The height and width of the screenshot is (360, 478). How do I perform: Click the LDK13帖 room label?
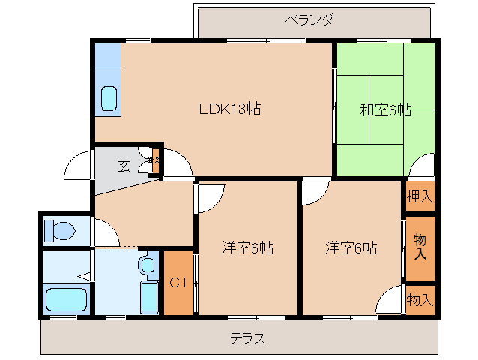229,108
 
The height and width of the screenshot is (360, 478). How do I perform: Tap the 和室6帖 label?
385,109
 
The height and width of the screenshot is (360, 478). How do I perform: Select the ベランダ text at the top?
309,19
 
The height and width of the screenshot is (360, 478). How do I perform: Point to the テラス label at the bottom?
247,337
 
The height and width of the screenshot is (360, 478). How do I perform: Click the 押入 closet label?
420,197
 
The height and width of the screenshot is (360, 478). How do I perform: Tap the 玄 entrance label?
124,166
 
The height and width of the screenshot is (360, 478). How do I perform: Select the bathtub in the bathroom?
67,298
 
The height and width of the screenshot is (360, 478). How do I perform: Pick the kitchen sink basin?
109,98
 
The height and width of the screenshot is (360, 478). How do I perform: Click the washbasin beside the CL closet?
147,265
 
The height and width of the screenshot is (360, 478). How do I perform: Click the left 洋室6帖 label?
247,247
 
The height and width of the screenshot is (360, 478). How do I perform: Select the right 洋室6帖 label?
351,247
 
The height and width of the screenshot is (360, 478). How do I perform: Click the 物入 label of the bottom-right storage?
420,299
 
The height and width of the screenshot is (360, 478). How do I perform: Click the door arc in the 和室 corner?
420,165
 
